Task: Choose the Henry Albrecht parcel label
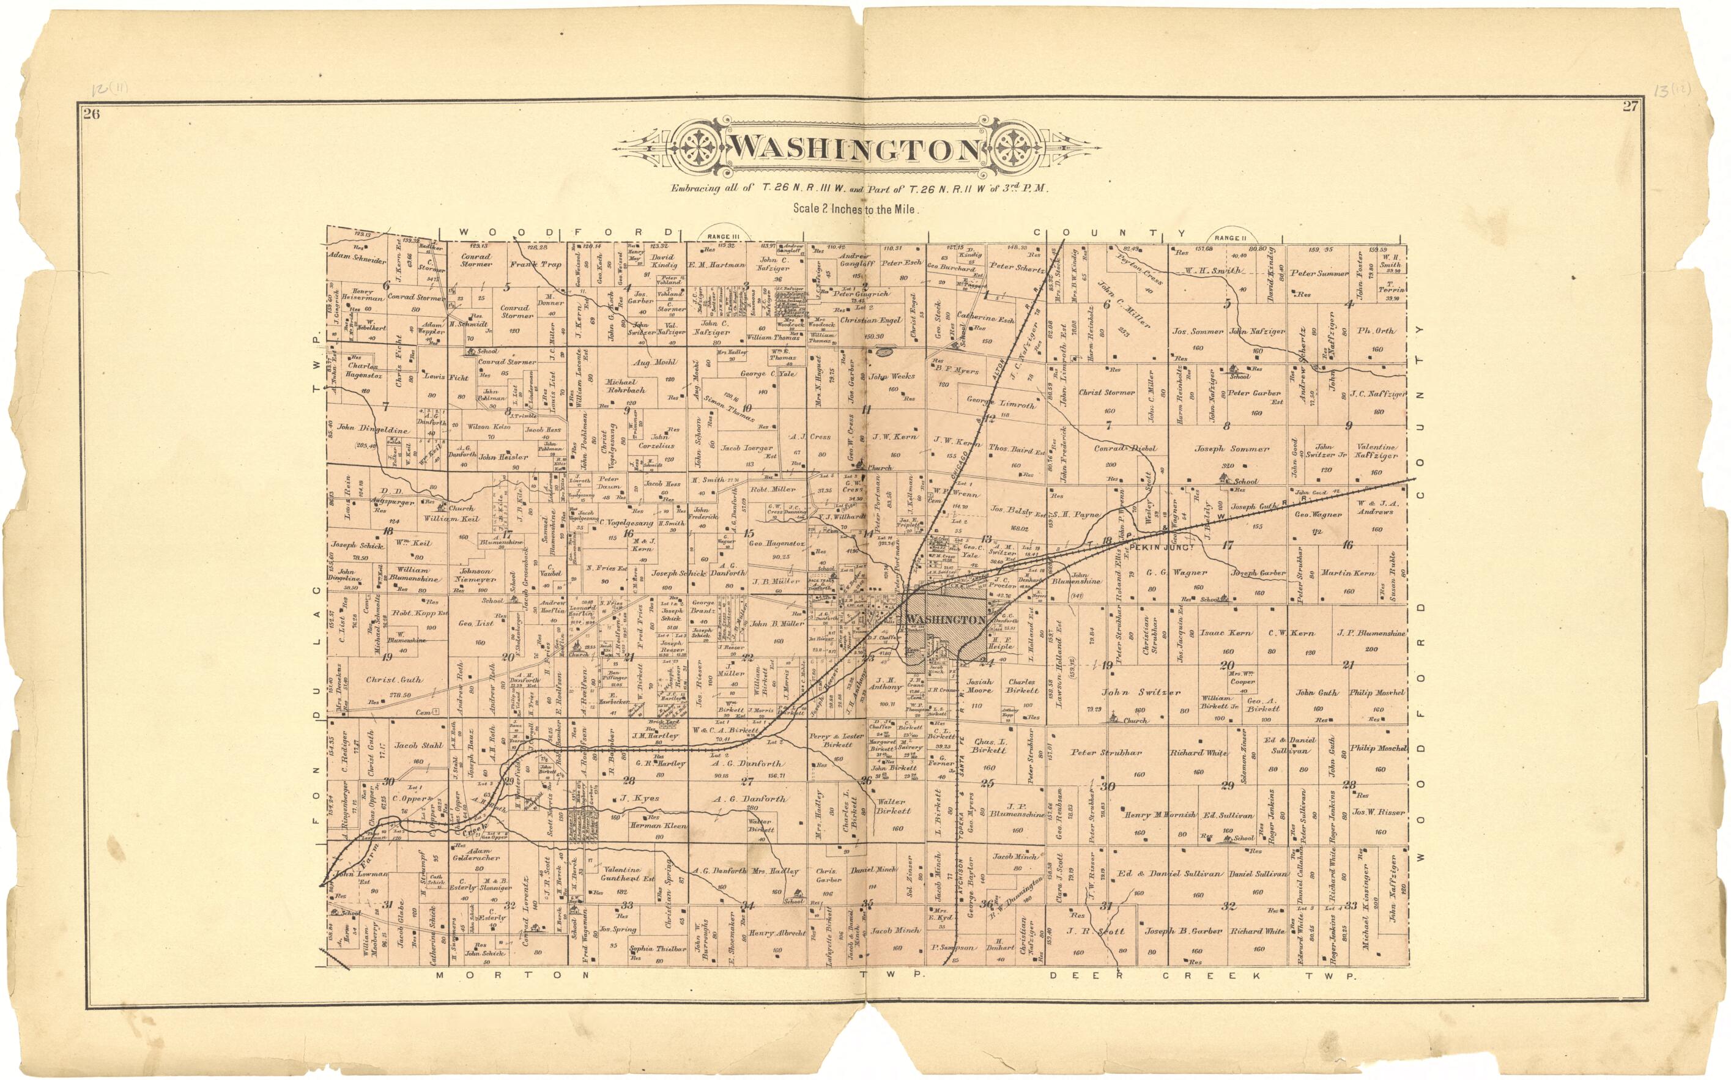(x=778, y=933)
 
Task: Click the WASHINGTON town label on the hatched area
(x=946, y=620)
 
